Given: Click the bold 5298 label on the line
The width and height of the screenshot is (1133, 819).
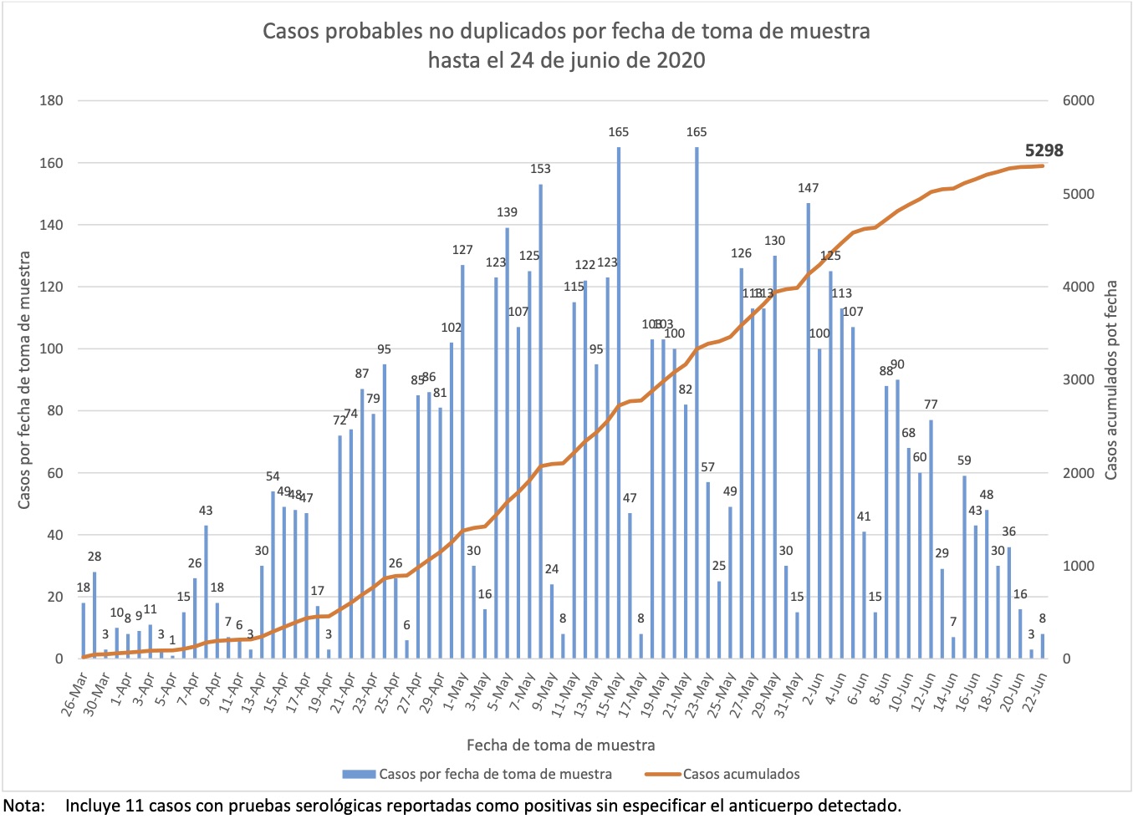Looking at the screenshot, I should click(x=1044, y=150).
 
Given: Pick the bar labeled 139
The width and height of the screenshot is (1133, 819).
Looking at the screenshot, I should click(x=507, y=443).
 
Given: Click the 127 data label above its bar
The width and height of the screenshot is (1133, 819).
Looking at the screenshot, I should click(x=462, y=250).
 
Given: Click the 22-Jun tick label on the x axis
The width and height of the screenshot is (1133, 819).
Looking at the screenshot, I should click(x=1035, y=694).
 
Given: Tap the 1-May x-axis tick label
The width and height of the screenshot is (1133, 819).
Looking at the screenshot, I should click(x=456, y=694).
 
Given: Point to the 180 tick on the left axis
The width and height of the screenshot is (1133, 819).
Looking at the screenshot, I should click(x=52, y=100).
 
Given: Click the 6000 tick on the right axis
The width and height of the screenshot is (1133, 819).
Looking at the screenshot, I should click(x=1078, y=100).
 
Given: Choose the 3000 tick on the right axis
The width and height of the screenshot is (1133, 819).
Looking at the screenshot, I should click(x=1078, y=379).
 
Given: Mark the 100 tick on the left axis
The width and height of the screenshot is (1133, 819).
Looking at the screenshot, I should click(x=52, y=348).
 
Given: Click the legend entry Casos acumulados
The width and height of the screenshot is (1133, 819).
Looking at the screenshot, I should click(x=741, y=774).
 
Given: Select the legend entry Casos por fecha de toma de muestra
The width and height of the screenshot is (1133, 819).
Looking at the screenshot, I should click(x=495, y=774).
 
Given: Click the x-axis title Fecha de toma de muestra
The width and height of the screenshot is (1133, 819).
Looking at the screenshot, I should click(x=560, y=745).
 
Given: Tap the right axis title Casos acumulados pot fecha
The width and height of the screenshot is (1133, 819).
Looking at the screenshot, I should click(x=1110, y=380).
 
